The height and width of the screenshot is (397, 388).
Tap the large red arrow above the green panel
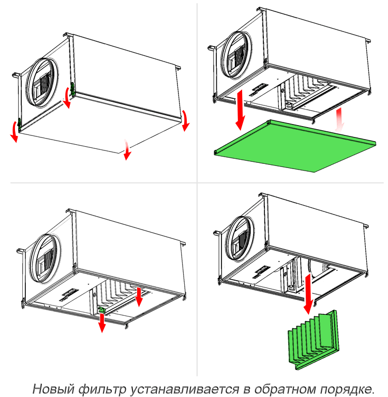[240, 109]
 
